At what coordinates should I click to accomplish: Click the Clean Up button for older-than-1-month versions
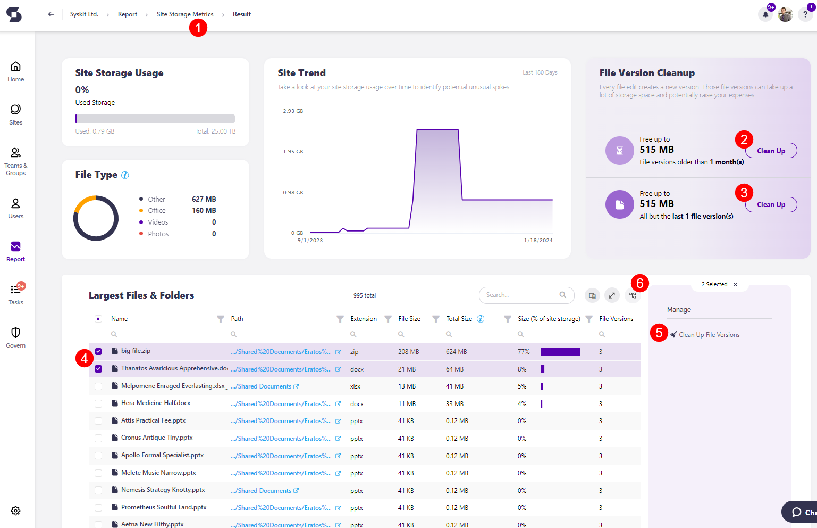[771, 151]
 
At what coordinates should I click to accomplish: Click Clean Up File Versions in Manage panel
[709, 335]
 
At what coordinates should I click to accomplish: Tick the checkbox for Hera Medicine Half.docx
[98, 403]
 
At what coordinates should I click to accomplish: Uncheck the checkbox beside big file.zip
[98, 351]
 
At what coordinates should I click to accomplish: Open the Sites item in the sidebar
[15, 114]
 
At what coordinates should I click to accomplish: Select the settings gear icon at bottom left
[16, 510]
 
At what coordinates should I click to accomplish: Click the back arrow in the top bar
[51, 14]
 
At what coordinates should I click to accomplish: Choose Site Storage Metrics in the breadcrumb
[185, 14]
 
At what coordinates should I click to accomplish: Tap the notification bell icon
[765, 14]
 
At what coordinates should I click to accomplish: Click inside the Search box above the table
[521, 295]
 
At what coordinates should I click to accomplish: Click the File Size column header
[409, 319]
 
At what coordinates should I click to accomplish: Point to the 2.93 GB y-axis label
[293, 111]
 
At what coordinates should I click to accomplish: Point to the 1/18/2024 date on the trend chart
[538, 241]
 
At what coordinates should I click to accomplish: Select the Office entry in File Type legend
[157, 211]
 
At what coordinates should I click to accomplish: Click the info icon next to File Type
[125, 175]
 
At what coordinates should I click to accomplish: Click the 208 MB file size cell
[408, 352]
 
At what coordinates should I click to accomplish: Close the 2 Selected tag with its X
[735, 285]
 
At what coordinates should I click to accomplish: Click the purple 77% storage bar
[560, 352]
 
